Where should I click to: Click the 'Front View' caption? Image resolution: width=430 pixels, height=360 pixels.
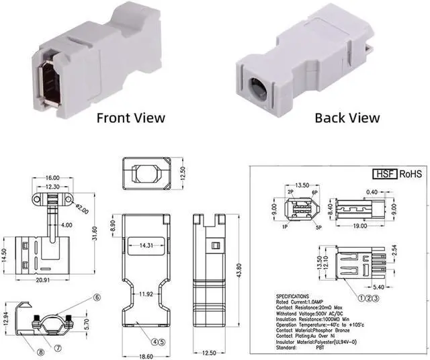pyautogui.click(x=130, y=118)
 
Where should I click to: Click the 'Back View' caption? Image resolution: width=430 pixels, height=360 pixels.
pyautogui.click(x=347, y=118)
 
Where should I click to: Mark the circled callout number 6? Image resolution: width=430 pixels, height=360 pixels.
pyautogui.click(x=97, y=297)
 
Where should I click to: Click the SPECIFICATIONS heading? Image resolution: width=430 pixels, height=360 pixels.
pyautogui.click(x=298, y=296)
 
